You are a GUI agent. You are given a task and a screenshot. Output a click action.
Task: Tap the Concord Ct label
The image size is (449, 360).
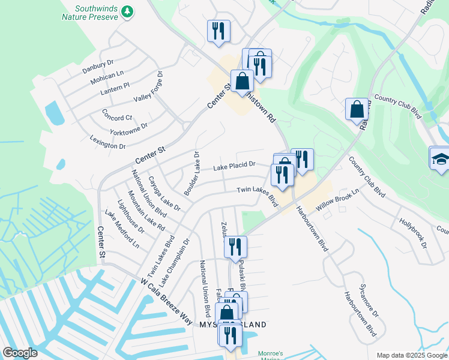click(117, 114)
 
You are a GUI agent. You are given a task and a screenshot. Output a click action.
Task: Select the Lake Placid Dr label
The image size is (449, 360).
click(235, 164)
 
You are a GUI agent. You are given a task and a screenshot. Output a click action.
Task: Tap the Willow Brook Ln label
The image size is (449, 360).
click(337, 198)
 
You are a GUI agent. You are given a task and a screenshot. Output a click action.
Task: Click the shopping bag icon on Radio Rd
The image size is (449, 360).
click(357, 109)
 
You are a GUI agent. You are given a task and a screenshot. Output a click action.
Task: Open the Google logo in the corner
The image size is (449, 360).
click(20, 353)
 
